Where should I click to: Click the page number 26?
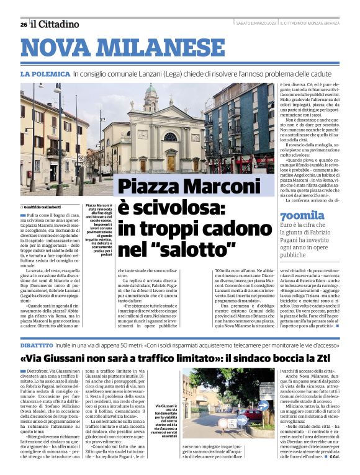(x=23, y=24)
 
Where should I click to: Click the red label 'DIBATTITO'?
(x=40, y=342)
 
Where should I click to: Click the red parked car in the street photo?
(x=253, y=414)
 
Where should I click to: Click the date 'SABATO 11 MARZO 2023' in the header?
(x=256, y=24)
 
